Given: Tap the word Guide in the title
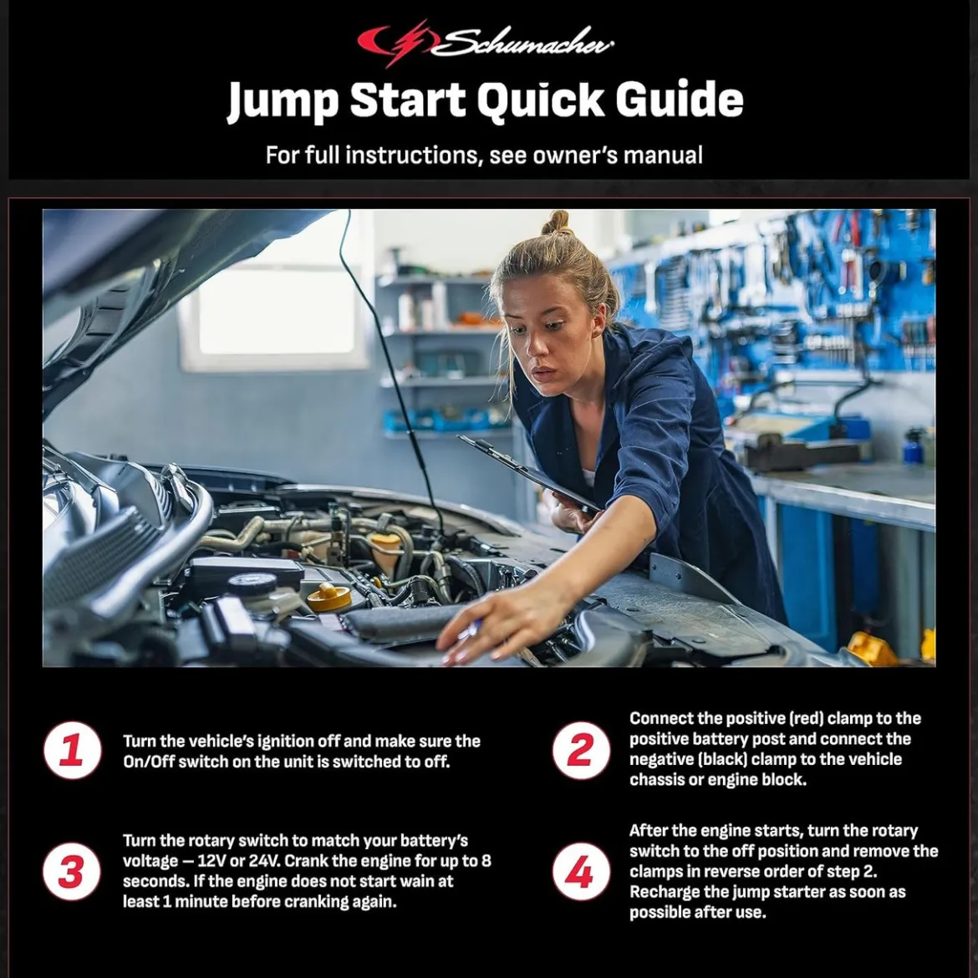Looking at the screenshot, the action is point(680,99).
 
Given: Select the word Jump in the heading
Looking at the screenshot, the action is point(283,102).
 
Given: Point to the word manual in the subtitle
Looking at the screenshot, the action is point(663,155).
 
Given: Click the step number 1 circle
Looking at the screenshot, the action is point(73,751).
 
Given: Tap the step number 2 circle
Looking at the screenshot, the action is point(581,751).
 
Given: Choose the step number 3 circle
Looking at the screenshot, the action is point(72,871).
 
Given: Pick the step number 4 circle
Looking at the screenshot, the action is point(581,871).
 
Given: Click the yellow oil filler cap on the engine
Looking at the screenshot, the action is point(329,596).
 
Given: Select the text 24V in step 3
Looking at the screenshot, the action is point(263,861).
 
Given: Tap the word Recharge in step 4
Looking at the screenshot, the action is point(665,892).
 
